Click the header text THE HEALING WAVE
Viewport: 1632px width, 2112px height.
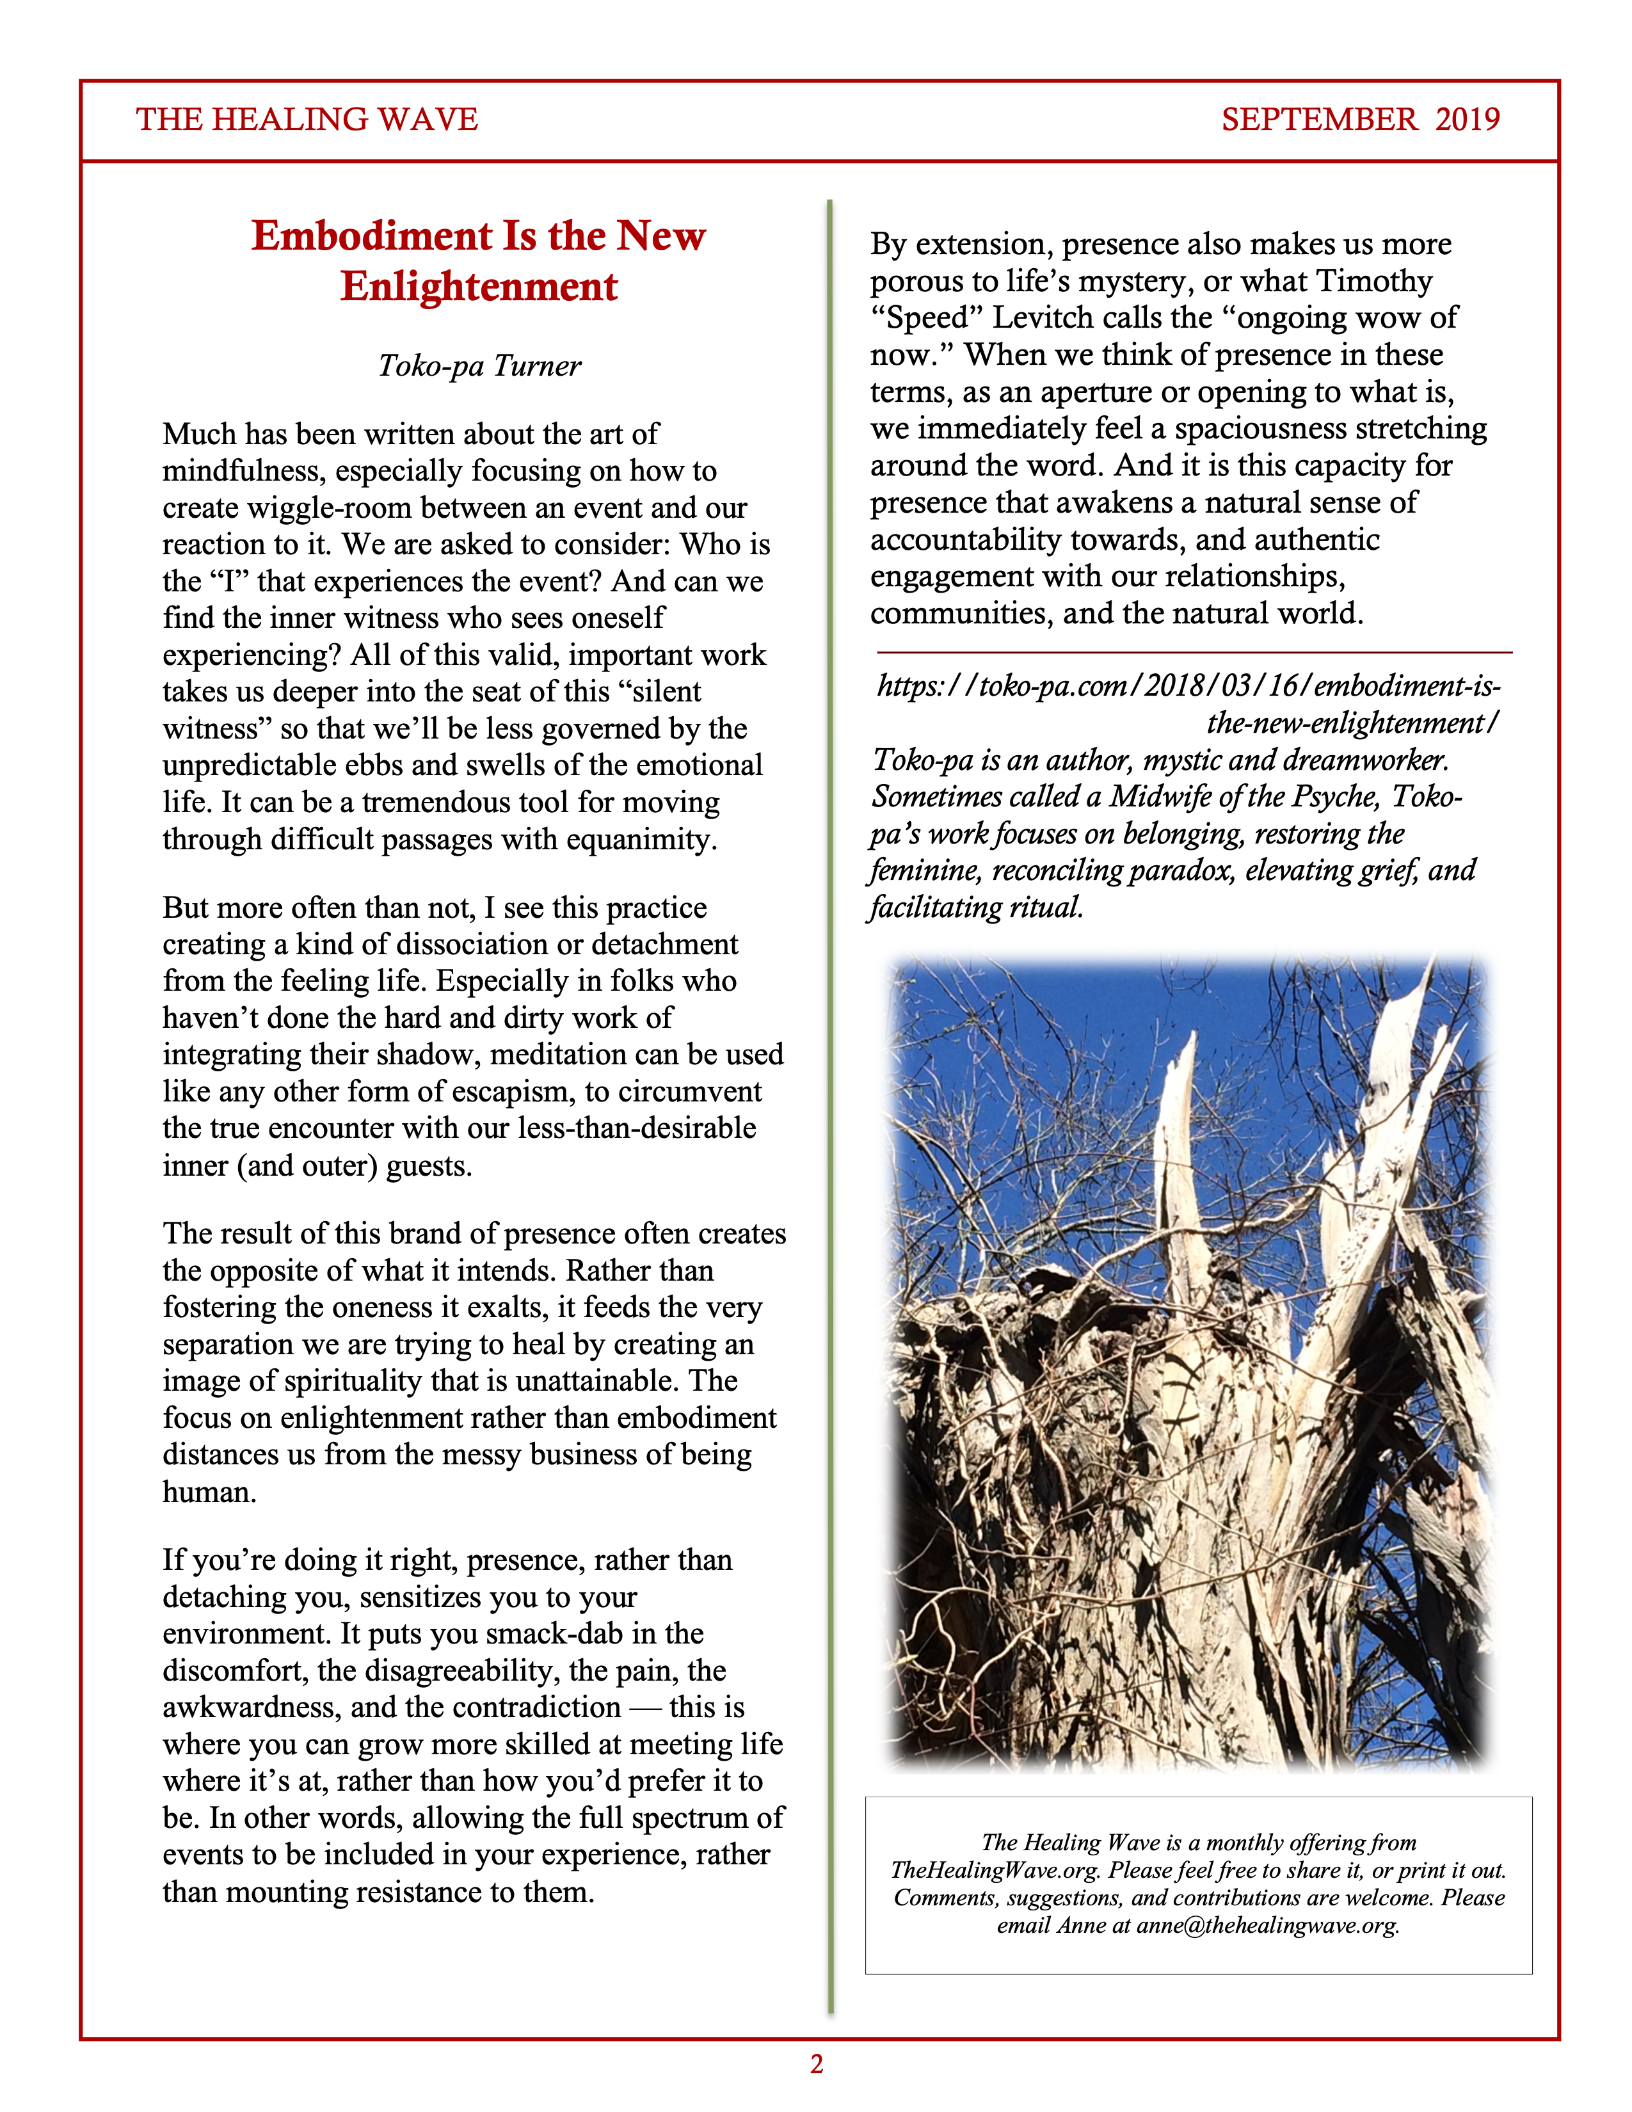tap(307, 119)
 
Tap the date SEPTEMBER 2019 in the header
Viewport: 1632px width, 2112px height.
tap(1361, 119)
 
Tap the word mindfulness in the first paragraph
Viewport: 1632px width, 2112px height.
tap(244, 471)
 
